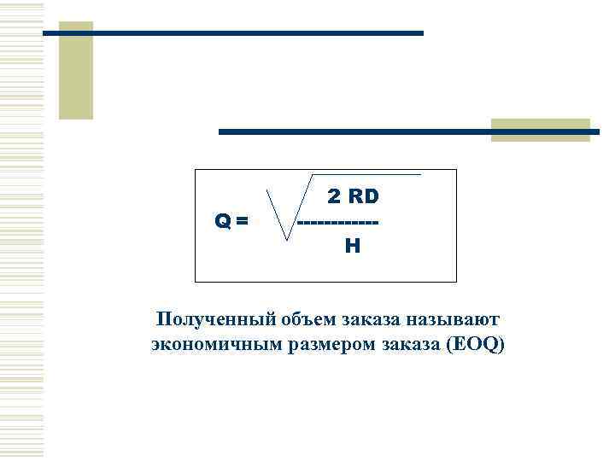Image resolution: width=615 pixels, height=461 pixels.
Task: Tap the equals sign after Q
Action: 243,222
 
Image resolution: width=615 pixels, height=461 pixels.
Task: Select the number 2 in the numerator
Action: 335,197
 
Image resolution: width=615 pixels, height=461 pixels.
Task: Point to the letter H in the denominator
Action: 352,247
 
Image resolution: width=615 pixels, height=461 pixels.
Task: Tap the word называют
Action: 456,320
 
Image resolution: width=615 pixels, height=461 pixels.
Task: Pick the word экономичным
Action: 207,345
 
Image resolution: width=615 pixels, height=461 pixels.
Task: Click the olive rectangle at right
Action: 540,130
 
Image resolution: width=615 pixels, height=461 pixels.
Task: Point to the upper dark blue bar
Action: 232,33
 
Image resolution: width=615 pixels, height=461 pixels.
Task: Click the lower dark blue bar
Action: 408,132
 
